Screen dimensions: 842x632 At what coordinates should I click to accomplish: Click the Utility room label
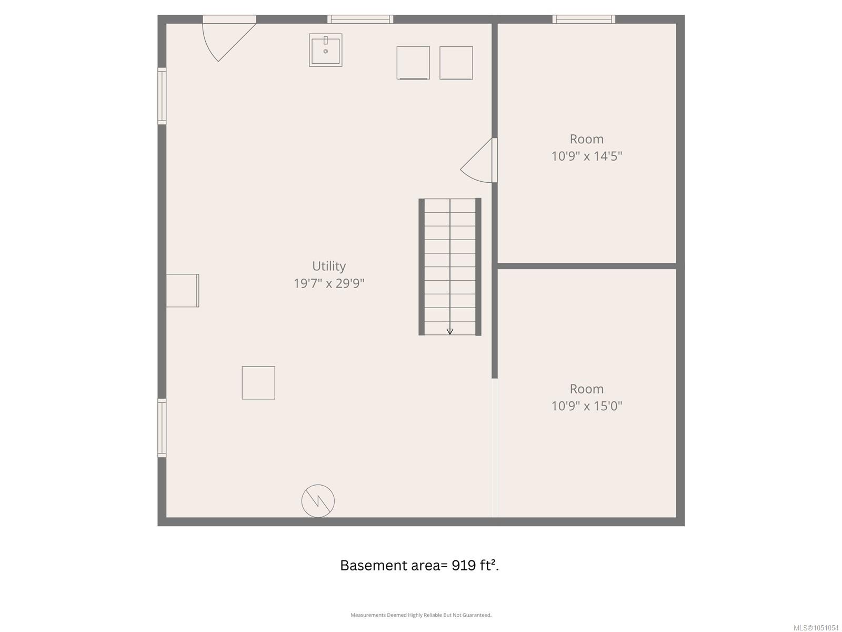click(329, 266)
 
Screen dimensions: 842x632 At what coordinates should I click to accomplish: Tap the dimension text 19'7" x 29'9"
click(329, 283)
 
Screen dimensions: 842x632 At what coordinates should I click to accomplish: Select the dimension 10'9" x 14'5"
click(587, 156)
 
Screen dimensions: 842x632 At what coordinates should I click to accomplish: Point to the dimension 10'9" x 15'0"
click(587, 406)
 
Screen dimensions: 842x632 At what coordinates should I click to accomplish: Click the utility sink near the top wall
click(326, 50)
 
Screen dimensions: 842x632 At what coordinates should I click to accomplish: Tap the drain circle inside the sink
click(326, 51)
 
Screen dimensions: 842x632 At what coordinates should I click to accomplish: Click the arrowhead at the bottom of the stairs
click(450, 332)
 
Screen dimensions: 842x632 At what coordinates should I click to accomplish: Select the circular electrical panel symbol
click(318, 501)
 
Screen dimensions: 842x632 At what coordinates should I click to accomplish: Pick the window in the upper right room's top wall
click(584, 19)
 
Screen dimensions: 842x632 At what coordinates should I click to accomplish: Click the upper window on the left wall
click(162, 96)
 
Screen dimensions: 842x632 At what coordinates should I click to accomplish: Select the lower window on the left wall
click(162, 428)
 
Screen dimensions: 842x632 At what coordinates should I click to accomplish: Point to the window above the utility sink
click(360, 19)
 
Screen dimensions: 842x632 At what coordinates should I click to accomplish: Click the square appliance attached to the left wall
click(183, 291)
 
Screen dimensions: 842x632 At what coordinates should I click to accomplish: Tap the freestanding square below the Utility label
click(258, 382)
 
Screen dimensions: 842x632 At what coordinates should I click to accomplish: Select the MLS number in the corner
click(816, 628)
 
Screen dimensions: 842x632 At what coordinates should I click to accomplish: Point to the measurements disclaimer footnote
click(421, 615)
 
